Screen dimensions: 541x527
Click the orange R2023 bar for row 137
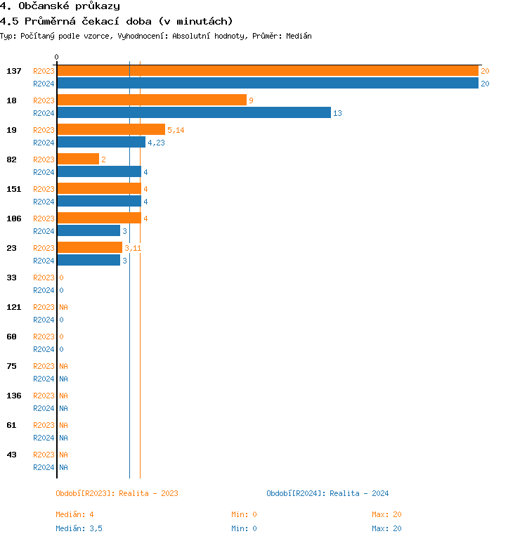[267, 71]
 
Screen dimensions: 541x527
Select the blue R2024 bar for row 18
[193, 113]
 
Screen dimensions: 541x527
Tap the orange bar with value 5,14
[111, 130]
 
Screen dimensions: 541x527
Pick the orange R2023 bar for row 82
[78, 159]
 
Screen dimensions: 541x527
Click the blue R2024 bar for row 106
[89, 231]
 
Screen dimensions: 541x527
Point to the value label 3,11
[133, 248]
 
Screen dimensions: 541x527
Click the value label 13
[337, 113]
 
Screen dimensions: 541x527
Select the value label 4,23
[156, 143]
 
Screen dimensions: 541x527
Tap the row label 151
[14, 189]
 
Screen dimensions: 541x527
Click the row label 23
[12, 248]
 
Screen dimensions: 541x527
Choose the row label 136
[14, 396]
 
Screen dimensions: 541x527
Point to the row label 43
[12, 455]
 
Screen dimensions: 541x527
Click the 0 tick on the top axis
[57, 57]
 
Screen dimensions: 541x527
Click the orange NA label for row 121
[63, 307]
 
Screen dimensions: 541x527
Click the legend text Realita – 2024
[359, 493]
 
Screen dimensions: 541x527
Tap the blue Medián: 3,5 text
[79, 528]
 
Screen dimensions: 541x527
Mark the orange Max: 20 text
[386, 514]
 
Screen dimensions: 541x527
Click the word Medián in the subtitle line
[299, 36]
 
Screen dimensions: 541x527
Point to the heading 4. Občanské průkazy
[60, 6]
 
